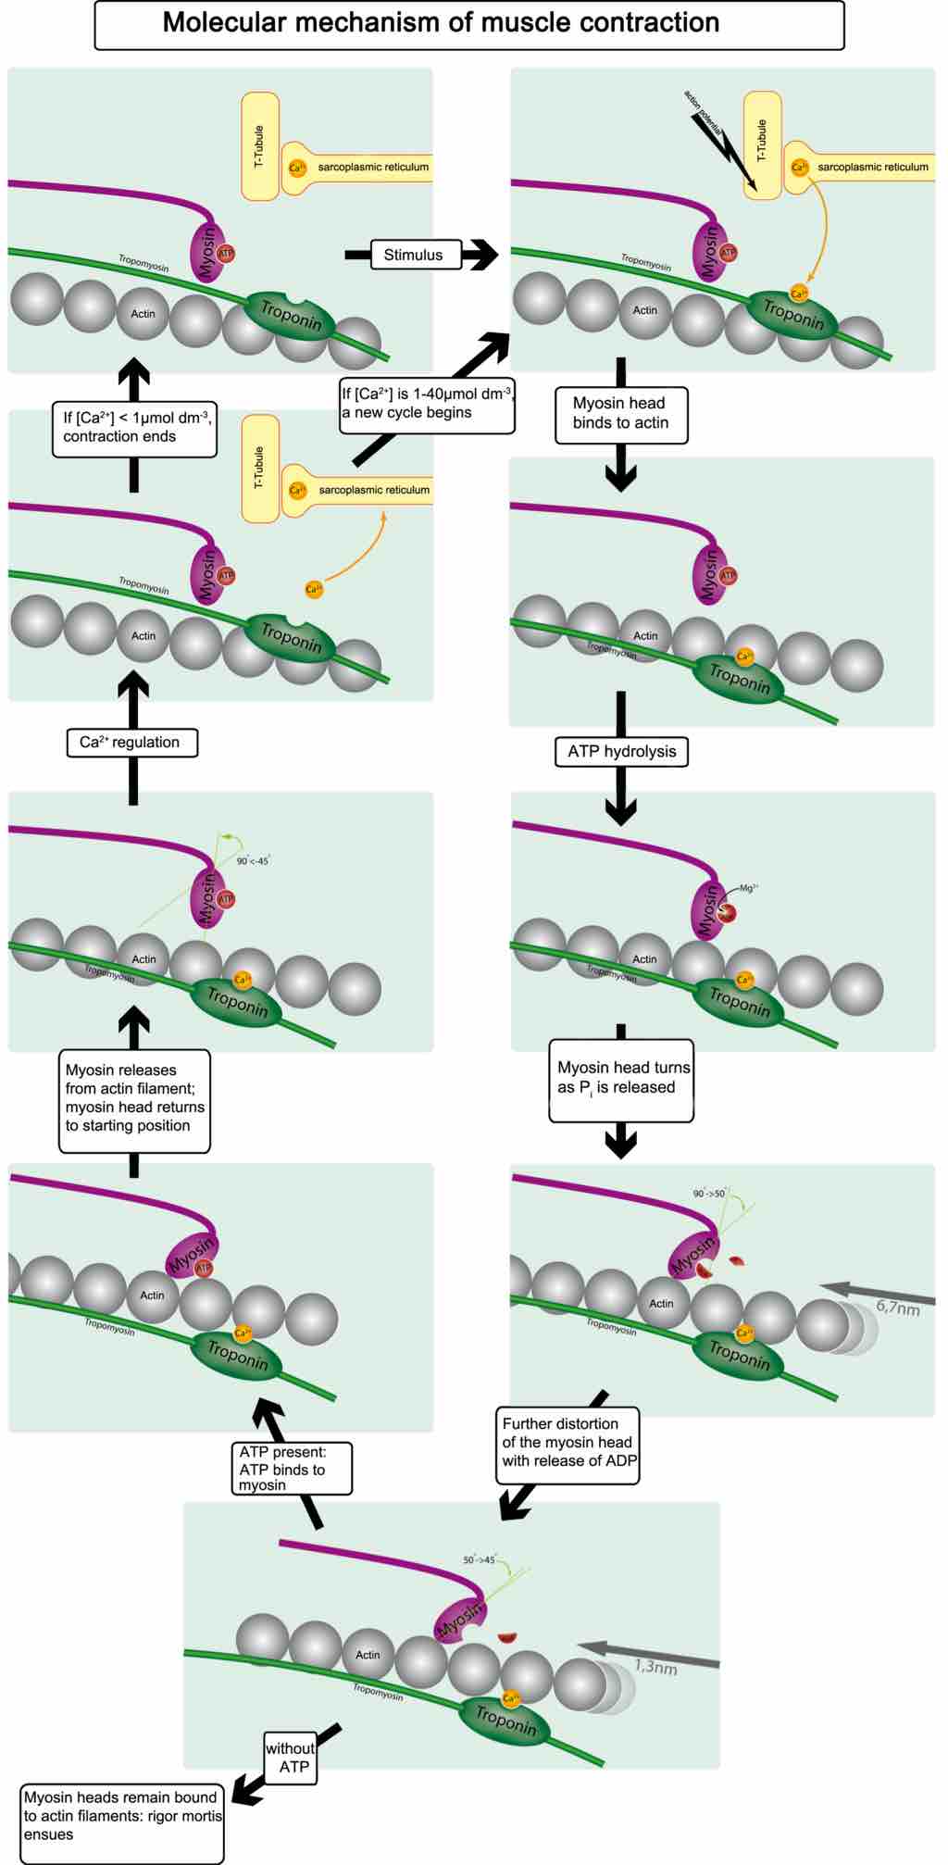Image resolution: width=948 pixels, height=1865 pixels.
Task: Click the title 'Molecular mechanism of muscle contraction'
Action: click(441, 23)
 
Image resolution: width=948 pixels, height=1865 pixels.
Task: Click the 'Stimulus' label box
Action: click(415, 255)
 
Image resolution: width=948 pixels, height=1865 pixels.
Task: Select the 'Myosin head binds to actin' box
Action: click(620, 414)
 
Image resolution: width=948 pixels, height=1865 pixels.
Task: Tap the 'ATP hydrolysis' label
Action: click(621, 751)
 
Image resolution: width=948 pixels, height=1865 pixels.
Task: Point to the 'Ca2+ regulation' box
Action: click(131, 742)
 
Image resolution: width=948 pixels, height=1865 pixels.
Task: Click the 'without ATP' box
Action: click(290, 1758)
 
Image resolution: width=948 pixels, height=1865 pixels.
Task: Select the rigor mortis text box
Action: click(122, 1816)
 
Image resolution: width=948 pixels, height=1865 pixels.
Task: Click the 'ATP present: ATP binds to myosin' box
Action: click(290, 1468)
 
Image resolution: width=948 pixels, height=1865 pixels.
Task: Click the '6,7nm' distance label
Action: click(897, 1308)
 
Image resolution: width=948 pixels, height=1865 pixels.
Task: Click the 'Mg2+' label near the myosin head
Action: click(749, 888)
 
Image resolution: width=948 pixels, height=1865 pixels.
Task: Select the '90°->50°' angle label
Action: click(709, 1194)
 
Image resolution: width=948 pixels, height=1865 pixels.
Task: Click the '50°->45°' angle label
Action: click(480, 1559)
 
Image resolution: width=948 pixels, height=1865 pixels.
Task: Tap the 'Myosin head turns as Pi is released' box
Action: click(622, 1079)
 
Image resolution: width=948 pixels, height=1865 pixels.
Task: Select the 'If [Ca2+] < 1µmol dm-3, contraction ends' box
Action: click(133, 427)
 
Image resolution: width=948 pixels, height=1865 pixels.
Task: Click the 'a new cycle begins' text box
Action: click(426, 404)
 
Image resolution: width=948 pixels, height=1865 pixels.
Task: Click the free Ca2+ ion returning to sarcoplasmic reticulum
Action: click(314, 589)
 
